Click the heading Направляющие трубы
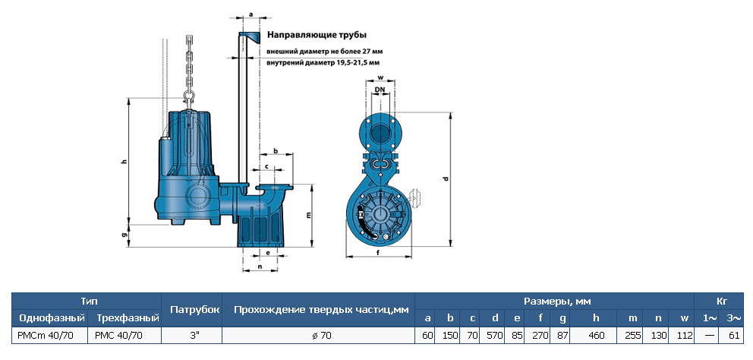(317, 36)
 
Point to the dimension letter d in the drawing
(446, 179)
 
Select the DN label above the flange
(380, 90)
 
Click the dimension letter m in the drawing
(309, 215)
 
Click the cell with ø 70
(320, 334)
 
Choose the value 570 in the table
(494, 334)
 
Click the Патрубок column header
(194, 309)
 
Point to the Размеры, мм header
(555, 301)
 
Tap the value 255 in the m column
(632, 334)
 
